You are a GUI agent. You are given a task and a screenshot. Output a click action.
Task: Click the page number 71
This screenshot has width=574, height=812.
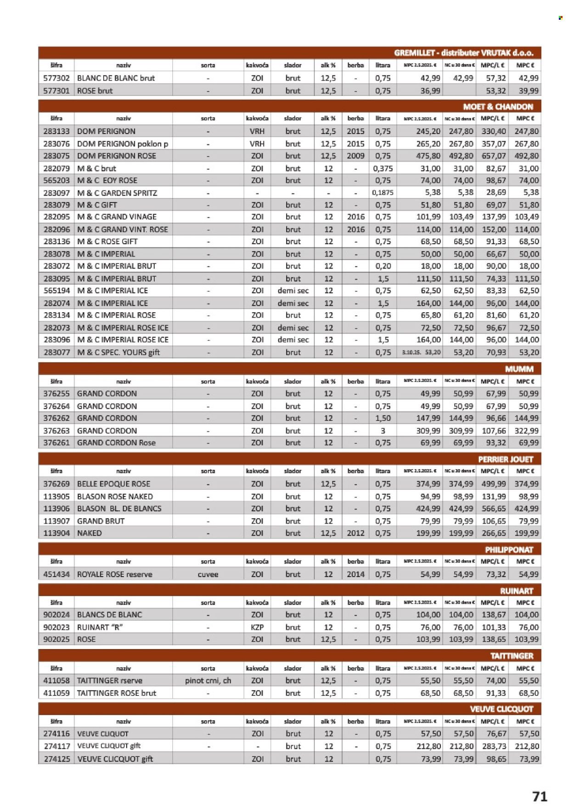pyautogui.click(x=540, y=796)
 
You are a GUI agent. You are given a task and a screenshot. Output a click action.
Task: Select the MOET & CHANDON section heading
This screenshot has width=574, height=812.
pyautogui.click(x=498, y=107)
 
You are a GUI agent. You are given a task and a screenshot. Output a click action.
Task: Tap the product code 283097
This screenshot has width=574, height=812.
pyautogui.click(x=56, y=193)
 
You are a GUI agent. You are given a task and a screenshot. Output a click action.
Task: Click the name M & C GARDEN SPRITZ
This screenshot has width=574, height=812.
pyautogui.click(x=117, y=193)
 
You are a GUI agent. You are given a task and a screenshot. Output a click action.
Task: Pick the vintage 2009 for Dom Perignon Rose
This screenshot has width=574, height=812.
pyautogui.click(x=355, y=156)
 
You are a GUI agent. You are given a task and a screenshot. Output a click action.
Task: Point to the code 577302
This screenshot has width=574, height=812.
pyautogui.click(x=56, y=78)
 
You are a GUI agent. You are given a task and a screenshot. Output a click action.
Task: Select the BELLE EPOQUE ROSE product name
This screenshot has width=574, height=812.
pyautogui.click(x=113, y=484)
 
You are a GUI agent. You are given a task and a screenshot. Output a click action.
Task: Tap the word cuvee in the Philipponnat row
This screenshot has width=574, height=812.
pyautogui.click(x=208, y=574)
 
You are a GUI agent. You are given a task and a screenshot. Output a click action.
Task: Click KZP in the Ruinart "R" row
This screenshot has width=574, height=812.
pyautogui.click(x=257, y=627)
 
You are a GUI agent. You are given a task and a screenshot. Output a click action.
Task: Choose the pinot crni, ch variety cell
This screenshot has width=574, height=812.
pyautogui.click(x=208, y=681)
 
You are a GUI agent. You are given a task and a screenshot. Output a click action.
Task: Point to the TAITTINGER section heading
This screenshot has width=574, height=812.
pyautogui.click(x=511, y=656)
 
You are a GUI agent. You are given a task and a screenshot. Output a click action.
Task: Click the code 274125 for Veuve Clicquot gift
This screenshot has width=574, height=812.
pyautogui.click(x=56, y=759)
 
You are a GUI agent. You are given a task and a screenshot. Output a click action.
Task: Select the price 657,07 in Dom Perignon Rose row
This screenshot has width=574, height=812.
pyautogui.click(x=493, y=156)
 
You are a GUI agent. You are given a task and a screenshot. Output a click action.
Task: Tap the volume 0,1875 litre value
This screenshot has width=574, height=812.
pyautogui.click(x=383, y=193)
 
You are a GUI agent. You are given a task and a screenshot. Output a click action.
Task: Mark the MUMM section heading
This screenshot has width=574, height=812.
pyautogui.click(x=519, y=369)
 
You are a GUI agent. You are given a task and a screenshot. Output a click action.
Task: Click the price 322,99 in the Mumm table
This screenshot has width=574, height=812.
pyautogui.click(x=526, y=431)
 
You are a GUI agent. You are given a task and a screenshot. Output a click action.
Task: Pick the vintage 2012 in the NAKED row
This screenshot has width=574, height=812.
pyautogui.click(x=355, y=533)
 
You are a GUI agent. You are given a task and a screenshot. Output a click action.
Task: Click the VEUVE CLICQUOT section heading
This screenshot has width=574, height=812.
pyautogui.click(x=501, y=709)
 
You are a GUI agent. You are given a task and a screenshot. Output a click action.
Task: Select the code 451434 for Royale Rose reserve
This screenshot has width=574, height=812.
pyautogui.click(x=56, y=574)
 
